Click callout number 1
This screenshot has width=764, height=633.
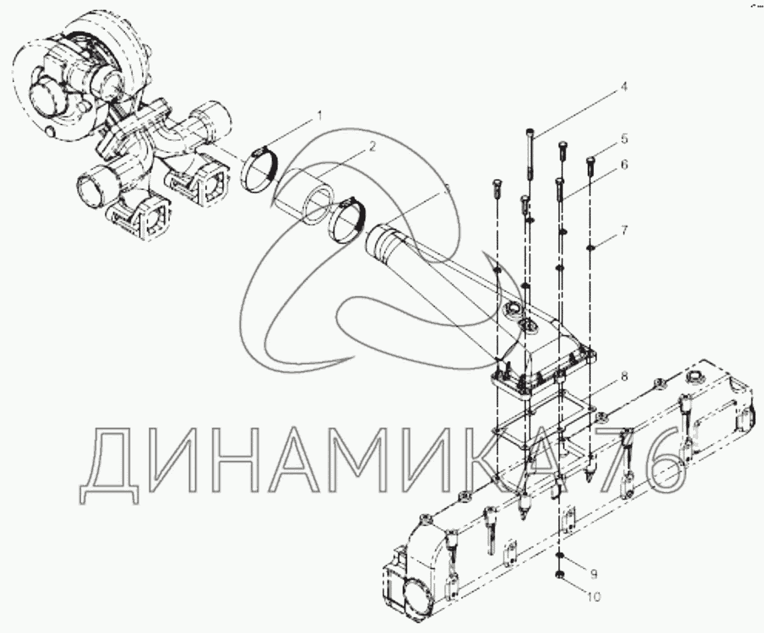tap(320, 116)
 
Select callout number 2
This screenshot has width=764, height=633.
tap(372, 146)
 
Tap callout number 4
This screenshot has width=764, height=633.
tap(624, 88)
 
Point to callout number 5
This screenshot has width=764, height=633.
tap(624, 139)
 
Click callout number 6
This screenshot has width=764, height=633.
tap(624, 165)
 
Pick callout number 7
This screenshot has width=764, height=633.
tap(624, 229)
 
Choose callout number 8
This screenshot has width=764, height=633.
tap(624, 377)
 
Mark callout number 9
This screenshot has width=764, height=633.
tap(593, 574)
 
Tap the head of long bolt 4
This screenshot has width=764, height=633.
tap(530, 132)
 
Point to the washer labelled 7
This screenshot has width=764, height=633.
tap(591, 248)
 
